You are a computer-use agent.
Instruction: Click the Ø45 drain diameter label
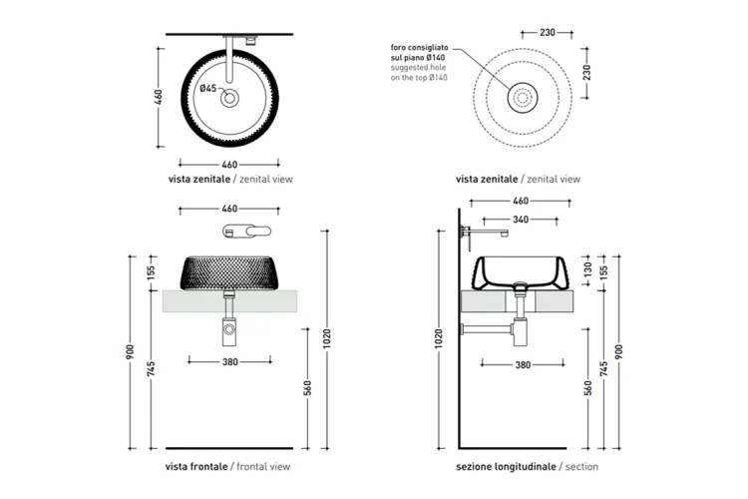point(208,89)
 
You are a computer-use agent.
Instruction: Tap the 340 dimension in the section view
point(521,220)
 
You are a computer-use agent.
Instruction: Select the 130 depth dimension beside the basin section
point(587,268)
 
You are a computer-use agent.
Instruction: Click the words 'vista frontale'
point(196,466)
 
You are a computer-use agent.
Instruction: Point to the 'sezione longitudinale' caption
point(506,466)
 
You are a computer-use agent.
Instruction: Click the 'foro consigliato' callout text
point(419,48)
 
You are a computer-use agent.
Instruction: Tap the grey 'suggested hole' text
point(418,68)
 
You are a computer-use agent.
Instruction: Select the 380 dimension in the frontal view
point(230,362)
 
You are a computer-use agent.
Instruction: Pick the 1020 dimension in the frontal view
point(326,338)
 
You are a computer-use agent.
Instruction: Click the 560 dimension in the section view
point(587,388)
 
